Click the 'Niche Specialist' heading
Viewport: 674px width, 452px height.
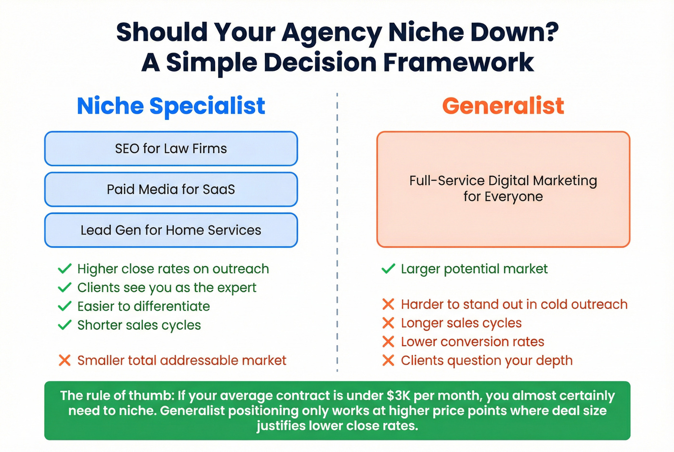coord(171,106)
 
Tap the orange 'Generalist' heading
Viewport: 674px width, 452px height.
coord(503,106)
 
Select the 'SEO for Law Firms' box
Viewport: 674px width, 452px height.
coord(171,149)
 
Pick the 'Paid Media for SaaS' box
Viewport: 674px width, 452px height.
coord(171,189)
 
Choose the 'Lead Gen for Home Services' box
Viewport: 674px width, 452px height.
coord(171,230)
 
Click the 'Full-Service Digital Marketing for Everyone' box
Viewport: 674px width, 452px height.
coord(503,189)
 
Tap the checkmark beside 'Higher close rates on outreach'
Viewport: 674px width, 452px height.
coord(65,269)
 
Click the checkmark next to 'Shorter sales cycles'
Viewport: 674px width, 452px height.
coord(65,325)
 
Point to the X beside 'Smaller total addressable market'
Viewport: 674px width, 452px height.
coord(65,360)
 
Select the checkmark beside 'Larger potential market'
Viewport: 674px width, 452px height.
coord(388,269)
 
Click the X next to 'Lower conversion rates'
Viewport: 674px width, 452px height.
coord(388,342)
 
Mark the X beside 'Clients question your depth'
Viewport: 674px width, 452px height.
coord(388,361)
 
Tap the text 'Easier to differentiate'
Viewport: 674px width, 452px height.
coord(143,306)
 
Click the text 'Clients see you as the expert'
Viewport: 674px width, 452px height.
coord(167,287)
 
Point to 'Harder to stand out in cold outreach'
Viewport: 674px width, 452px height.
coord(514,304)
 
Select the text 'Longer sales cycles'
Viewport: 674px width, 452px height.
coord(461,323)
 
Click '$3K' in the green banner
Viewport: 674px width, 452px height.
coord(399,396)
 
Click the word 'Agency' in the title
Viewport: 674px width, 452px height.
coord(332,33)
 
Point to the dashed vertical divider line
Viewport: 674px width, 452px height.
coord(337,231)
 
